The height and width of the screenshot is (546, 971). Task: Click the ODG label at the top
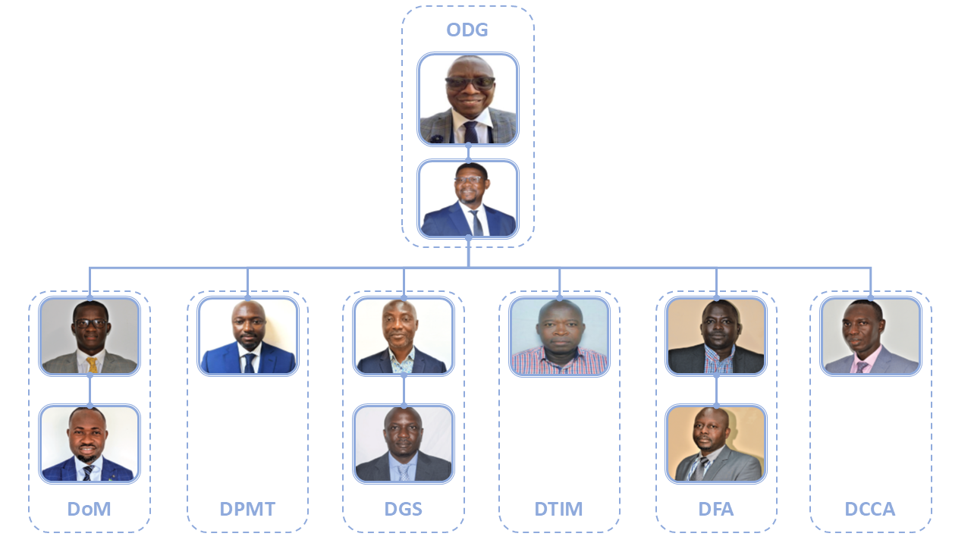pos(467,30)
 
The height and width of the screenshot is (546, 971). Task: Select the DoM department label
pos(90,509)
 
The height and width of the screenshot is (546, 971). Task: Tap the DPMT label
pos(247,509)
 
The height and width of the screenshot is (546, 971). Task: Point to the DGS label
pos(403,509)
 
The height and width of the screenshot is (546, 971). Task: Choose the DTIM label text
pos(559,509)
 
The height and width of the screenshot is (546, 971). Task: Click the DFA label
pos(716,509)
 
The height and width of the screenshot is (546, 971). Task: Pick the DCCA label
pos(870,509)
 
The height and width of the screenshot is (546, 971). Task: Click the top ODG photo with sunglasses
pos(468,99)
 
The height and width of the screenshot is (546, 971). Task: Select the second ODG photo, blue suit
pos(468,199)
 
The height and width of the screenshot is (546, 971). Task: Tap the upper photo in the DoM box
pos(90,336)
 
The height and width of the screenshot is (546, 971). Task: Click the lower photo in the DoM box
pos(90,444)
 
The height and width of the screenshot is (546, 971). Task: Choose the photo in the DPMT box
pos(248,336)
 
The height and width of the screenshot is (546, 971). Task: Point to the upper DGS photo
pos(404,336)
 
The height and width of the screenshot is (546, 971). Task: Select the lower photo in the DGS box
pos(404,444)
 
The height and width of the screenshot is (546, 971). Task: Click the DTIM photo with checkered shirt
pos(560,336)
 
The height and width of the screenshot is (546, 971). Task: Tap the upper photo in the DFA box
pos(716,336)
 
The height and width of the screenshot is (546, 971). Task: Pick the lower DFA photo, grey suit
pos(716,444)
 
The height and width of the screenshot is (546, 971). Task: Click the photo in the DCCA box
pos(871,336)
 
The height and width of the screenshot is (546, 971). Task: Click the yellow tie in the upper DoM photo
pos(92,365)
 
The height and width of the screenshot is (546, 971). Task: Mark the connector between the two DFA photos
pos(716,390)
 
